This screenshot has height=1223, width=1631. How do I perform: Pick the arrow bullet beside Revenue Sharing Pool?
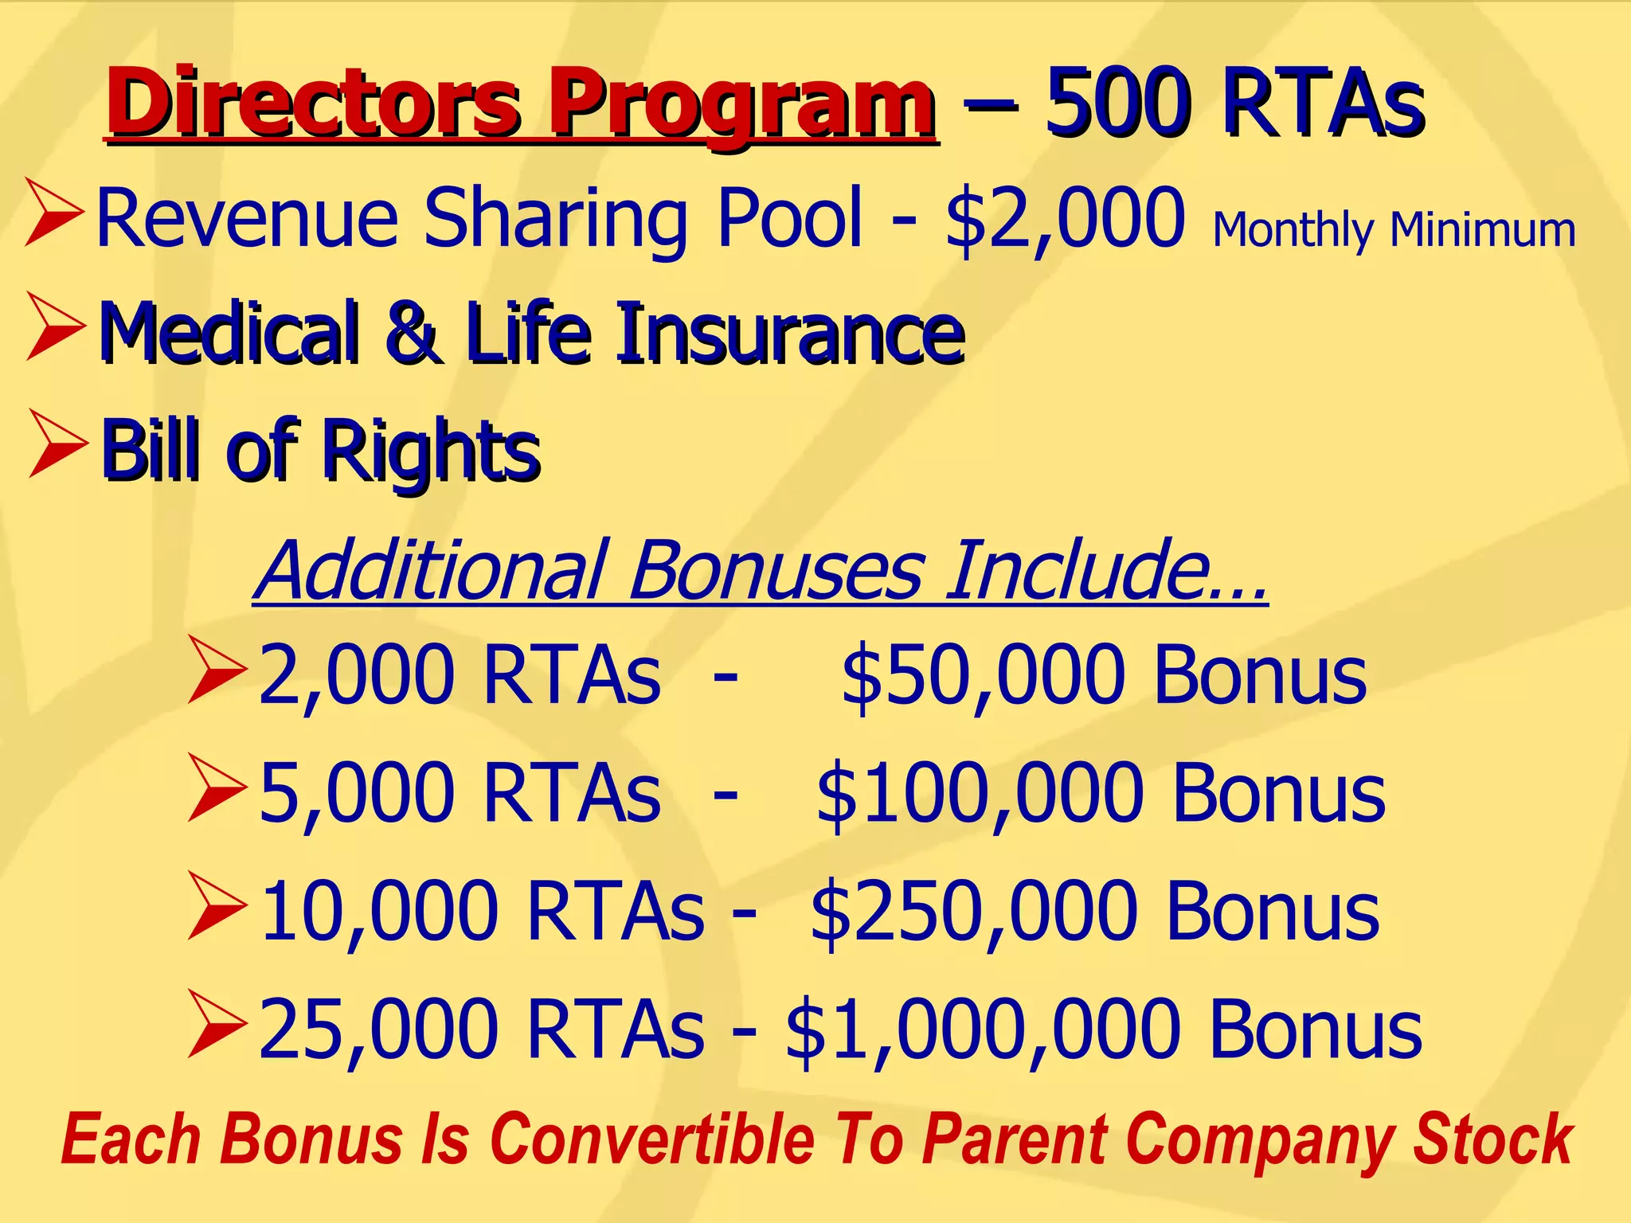click(54, 212)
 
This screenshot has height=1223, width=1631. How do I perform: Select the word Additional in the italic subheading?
click(435, 570)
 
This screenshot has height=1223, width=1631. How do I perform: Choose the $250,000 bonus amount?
click(976, 911)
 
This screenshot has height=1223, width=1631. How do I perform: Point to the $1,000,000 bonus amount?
click(984, 1029)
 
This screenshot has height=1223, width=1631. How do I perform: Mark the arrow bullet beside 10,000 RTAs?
click(217, 906)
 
